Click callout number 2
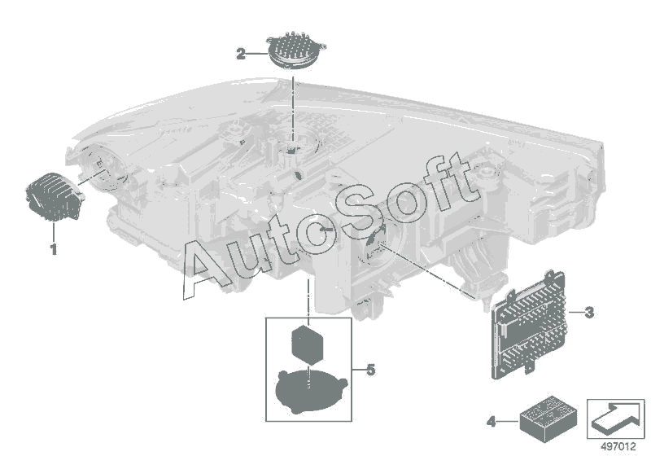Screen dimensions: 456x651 [x=241, y=55]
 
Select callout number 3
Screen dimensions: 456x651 [x=589, y=312]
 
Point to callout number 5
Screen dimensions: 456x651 [x=370, y=370]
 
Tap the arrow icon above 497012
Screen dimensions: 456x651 [x=615, y=416]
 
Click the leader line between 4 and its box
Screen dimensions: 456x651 [x=506, y=421]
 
